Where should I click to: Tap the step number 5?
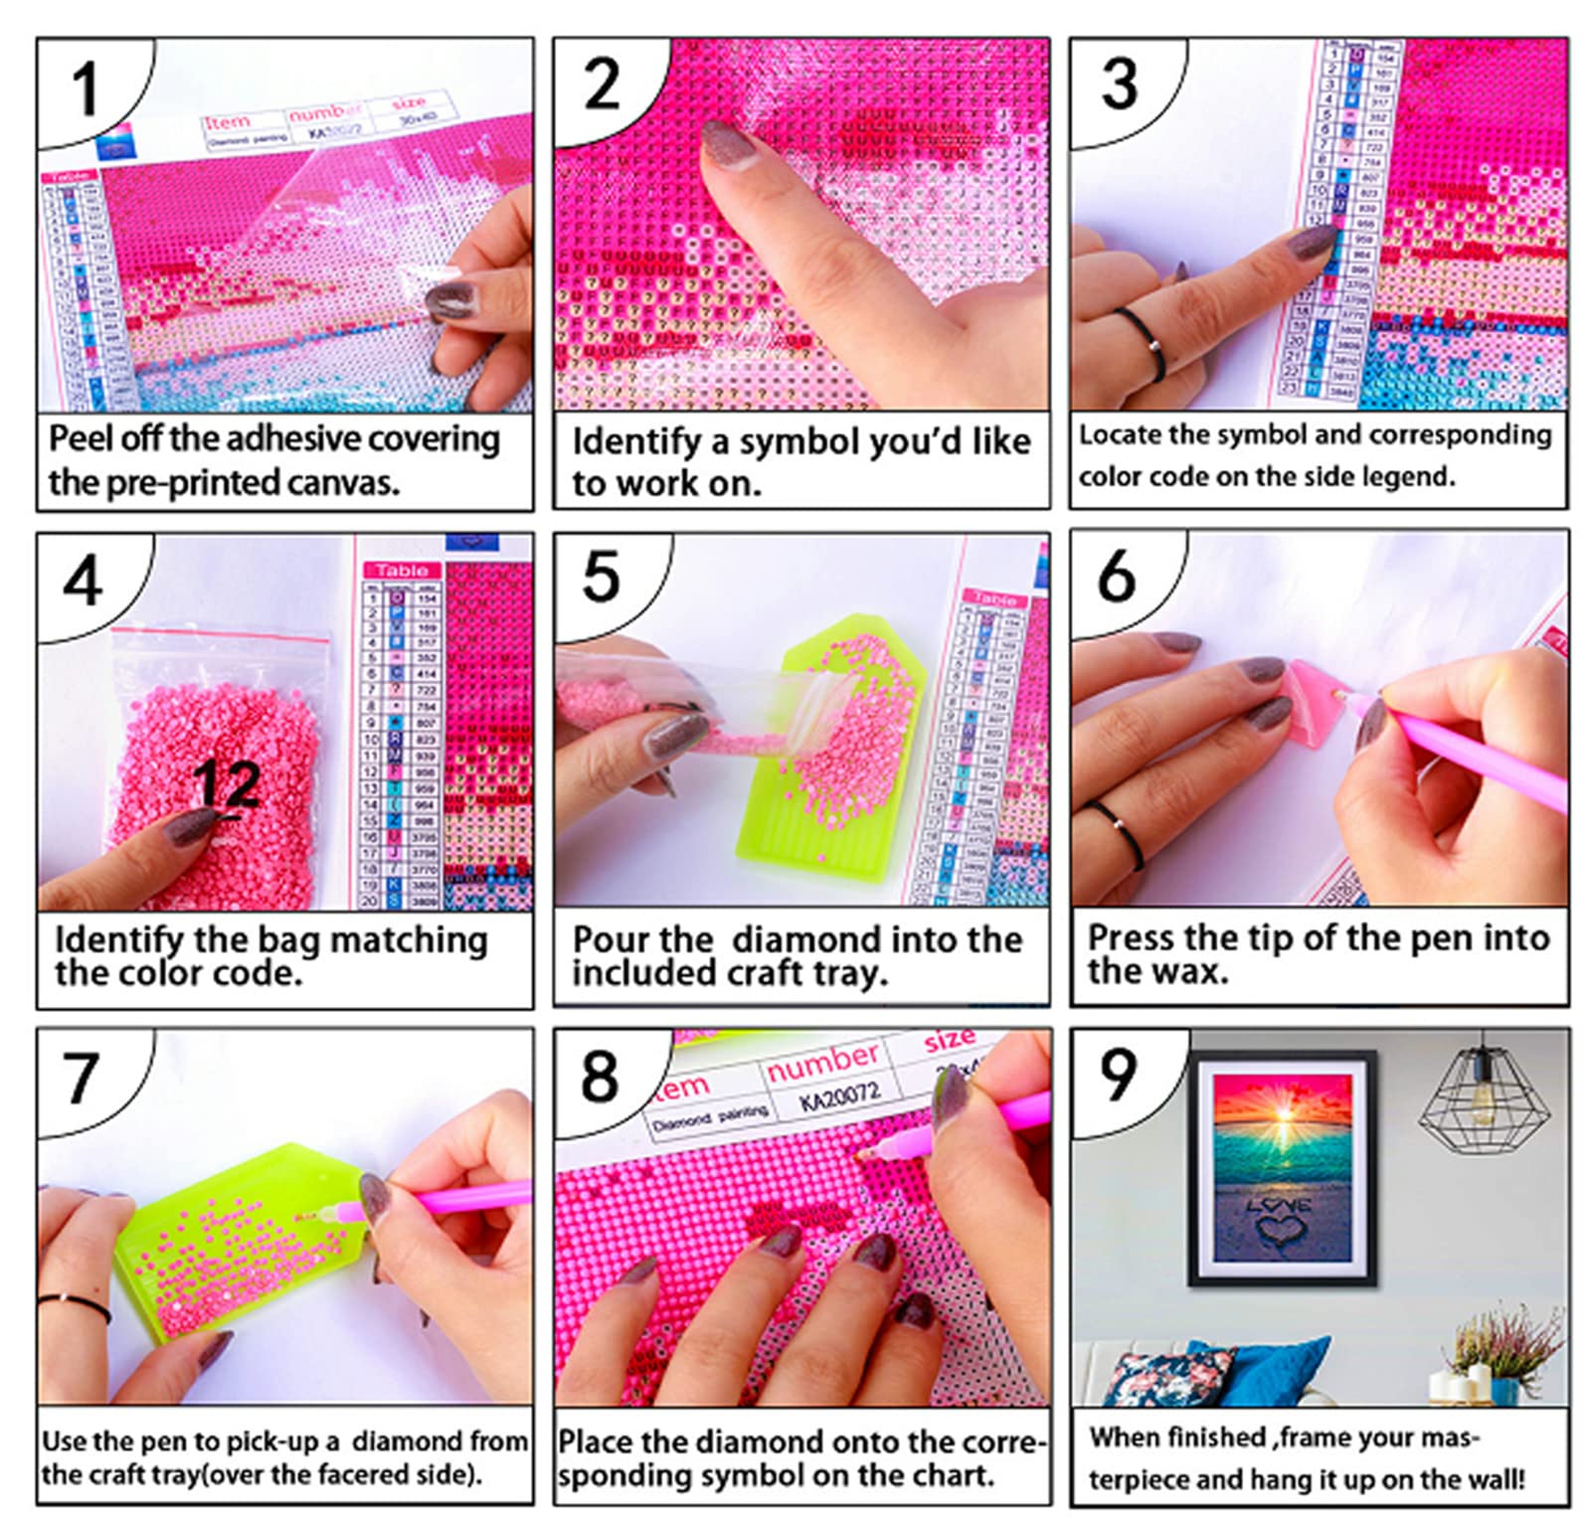coord(601,577)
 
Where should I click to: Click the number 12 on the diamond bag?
coord(228,785)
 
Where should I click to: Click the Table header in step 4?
coord(402,571)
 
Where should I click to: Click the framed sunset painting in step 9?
coord(1282,1168)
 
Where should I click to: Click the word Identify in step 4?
coord(118,939)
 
